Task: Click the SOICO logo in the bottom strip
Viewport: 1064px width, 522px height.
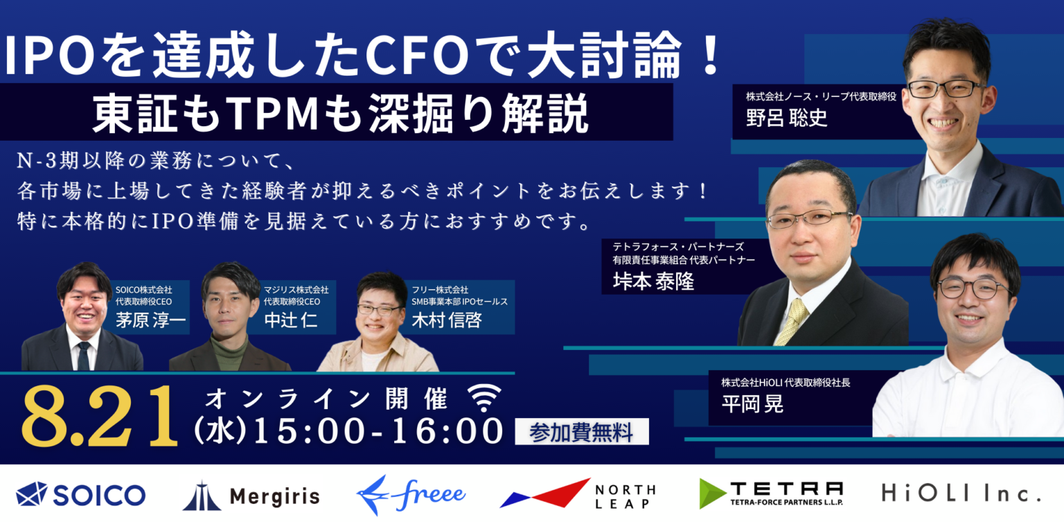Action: (80, 494)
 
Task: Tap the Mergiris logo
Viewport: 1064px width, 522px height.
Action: (251, 495)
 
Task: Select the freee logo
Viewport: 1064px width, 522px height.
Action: (411, 494)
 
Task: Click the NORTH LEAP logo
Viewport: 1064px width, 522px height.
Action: (577, 494)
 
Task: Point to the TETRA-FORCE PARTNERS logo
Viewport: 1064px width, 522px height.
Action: (771, 493)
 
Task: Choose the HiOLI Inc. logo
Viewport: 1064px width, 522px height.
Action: (961, 494)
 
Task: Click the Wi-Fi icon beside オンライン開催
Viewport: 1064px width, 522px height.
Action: (484, 398)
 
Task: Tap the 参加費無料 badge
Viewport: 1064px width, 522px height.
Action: (581, 433)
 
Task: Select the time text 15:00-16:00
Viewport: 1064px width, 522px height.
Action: (378, 431)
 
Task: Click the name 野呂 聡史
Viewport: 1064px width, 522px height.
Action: (786, 116)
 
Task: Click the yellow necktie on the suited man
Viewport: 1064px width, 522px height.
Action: (792, 322)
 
